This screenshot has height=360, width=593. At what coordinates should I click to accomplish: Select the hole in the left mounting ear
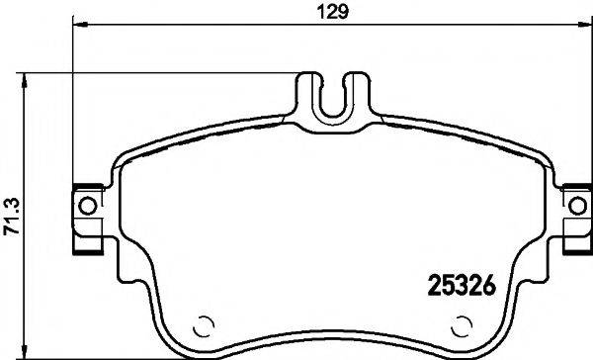point(87,206)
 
